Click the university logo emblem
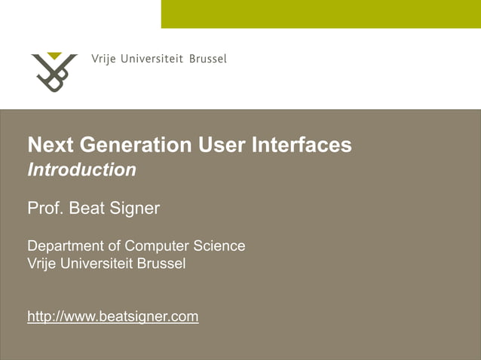coord(54,73)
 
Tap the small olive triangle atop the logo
coord(54,56)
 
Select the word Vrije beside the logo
coord(103,59)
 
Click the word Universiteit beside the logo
coord(152,59)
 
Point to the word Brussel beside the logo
coord(207,59)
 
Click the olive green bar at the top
coord(320,14)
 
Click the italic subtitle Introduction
coord(81,170)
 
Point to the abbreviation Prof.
coord(45,208)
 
